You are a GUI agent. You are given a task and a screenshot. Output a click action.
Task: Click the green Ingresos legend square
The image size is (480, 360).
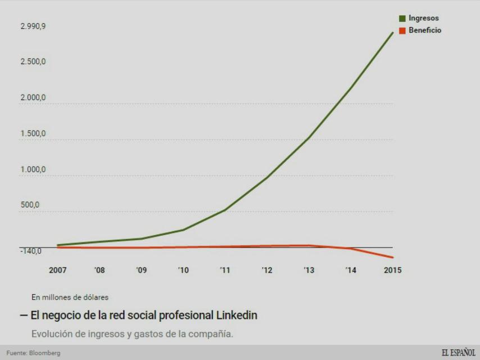(402, 19)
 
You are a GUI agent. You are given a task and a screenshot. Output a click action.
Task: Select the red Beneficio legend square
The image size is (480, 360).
(402, 30)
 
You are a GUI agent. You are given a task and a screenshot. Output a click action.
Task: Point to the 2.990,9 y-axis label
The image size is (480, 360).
(33, 26)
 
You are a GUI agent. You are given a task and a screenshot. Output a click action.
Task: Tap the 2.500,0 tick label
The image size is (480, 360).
(33, 61)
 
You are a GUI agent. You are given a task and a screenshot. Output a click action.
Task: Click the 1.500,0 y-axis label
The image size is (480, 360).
(33, 134)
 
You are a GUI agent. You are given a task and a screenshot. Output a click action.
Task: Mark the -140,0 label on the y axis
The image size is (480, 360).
(31, 251)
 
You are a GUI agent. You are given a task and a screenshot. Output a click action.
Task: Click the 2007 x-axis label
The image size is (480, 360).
(58, 270)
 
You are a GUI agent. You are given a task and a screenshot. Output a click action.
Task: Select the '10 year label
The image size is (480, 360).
(183, 270)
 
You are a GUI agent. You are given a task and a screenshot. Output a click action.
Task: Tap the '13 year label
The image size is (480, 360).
(309, 270)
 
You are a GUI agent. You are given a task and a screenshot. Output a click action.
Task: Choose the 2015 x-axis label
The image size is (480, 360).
(392, 270)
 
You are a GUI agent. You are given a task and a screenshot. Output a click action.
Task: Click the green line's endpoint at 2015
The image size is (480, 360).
(393, 33)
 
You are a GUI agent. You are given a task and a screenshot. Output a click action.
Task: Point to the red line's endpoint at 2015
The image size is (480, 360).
(393, 258)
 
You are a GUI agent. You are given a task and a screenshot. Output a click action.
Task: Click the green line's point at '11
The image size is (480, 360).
(225, 210)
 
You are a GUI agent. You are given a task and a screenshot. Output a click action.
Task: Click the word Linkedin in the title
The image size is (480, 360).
(237, 315)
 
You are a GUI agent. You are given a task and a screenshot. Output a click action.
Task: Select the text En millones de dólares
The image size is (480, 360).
(70, 297)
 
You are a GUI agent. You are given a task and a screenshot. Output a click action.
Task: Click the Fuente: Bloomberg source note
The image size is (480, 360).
(33, 353)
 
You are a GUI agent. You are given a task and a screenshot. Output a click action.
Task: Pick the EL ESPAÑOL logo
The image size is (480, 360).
(458, 353)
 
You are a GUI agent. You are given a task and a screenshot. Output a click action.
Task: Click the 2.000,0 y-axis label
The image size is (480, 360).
(33, 98)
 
